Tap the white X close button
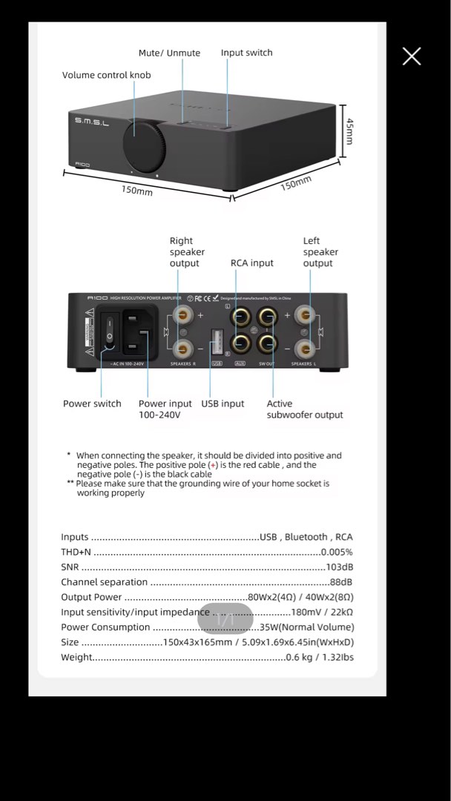point(412,56)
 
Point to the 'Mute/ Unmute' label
point(169,53)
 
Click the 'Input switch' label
point(246,53)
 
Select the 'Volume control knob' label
point(106,75)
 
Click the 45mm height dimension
point(349,131)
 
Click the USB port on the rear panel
point(217,341)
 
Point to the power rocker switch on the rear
point(110,329)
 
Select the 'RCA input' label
point(251,263)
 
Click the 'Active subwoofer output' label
point(304,409)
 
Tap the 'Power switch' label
point(92,403)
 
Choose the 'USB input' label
point(223,403)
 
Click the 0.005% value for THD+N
point(337,552)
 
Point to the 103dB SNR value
point(339,567)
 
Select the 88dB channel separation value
point(340,582)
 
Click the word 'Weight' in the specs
point(77,657)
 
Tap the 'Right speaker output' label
point(186,252)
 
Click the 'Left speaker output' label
point(319,252)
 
